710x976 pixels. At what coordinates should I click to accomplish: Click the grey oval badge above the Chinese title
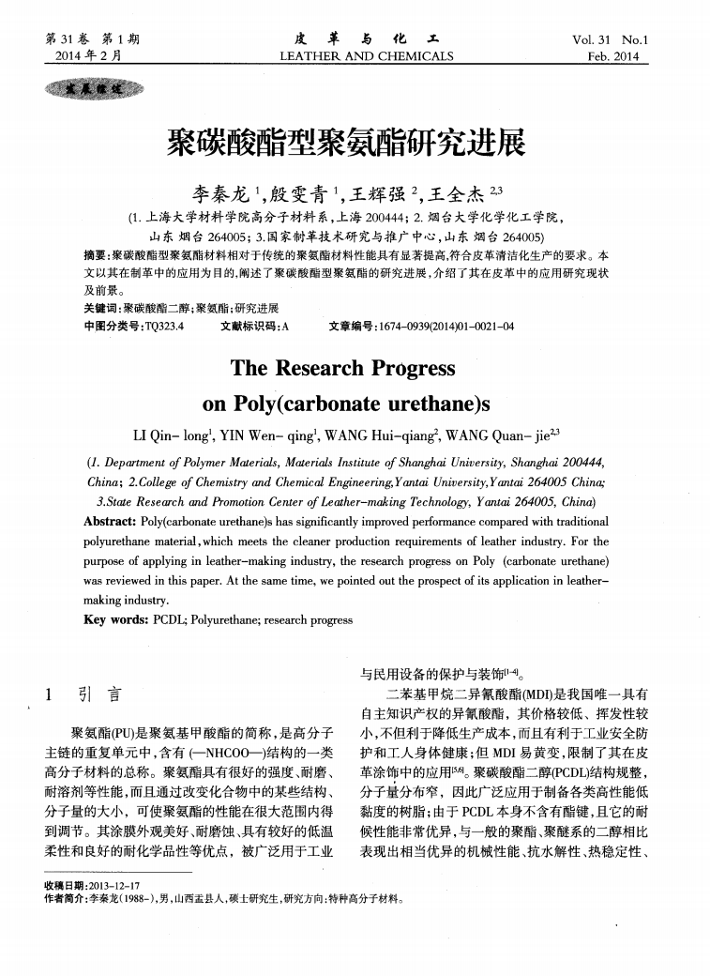(x=92, y=89)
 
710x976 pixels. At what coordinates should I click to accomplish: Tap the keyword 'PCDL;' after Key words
(x=171, y=619)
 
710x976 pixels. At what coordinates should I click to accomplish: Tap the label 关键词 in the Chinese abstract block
(x=95, y=308)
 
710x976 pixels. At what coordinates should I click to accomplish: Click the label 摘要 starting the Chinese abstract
(x=93, y=255)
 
